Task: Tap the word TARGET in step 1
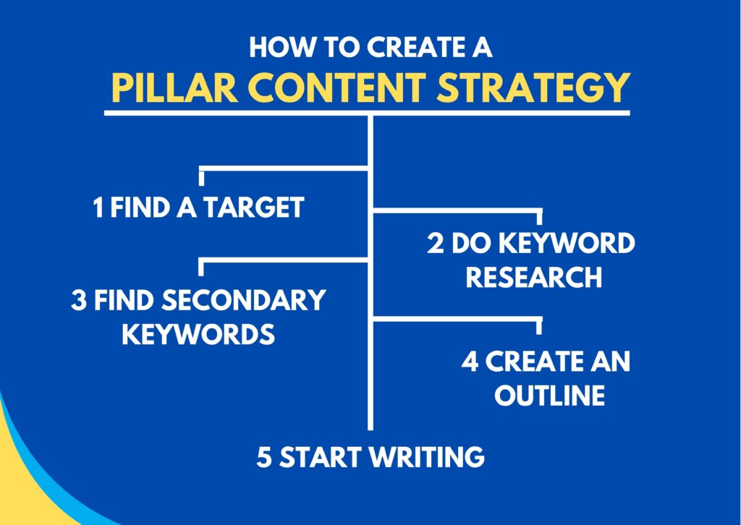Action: click(253, 208)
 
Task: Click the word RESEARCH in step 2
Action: click(533, 277)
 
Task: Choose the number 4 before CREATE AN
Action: click(470, 362)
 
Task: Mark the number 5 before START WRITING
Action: click(264, 457)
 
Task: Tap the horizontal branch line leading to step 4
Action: click(456, 318)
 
